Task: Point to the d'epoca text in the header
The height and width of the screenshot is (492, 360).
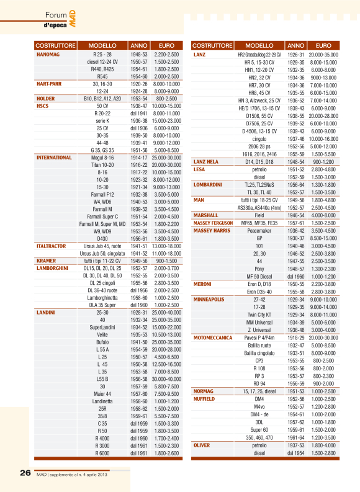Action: (x=55, y=25)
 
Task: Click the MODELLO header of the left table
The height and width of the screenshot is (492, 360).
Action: (x=102, y=46)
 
